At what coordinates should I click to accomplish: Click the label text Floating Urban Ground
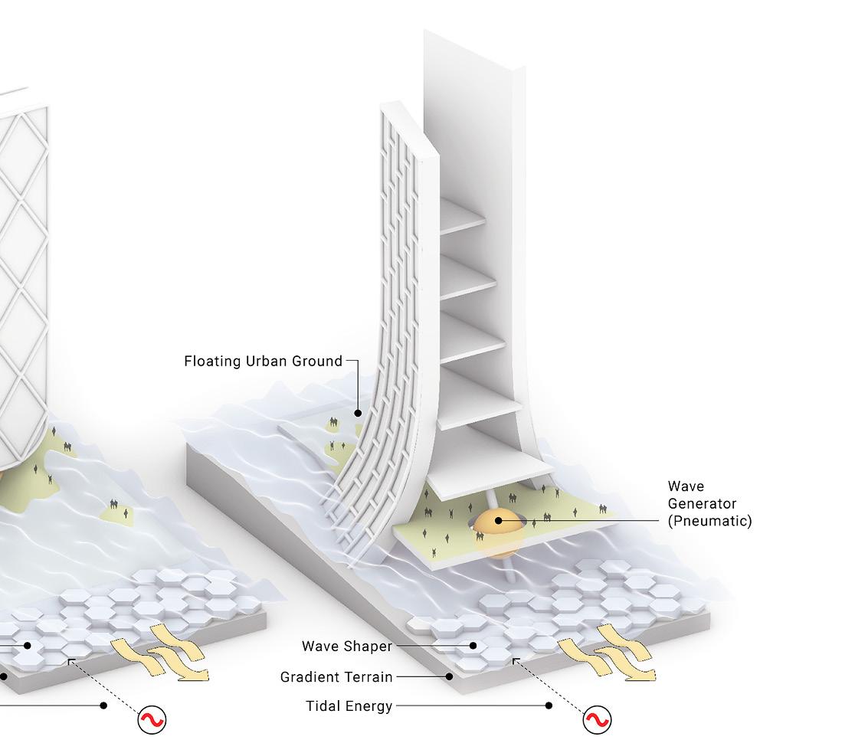[263, 361]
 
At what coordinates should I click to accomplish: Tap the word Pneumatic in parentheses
[709, 521]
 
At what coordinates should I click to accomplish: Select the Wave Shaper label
[346, 646]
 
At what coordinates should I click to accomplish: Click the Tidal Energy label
[349, 706]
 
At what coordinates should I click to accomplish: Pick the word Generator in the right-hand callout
[702, 503]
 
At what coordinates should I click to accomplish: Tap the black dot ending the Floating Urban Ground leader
[358, 413]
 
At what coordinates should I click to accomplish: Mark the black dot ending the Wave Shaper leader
[473, 646]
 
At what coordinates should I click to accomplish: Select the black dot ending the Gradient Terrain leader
[450, 676]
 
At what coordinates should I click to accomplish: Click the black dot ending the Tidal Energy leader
[549, 706]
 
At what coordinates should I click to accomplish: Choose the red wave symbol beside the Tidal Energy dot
[598, 719]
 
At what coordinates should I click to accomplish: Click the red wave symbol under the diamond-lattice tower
[152, 719]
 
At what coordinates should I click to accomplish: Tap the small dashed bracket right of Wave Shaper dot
[516, 661]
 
